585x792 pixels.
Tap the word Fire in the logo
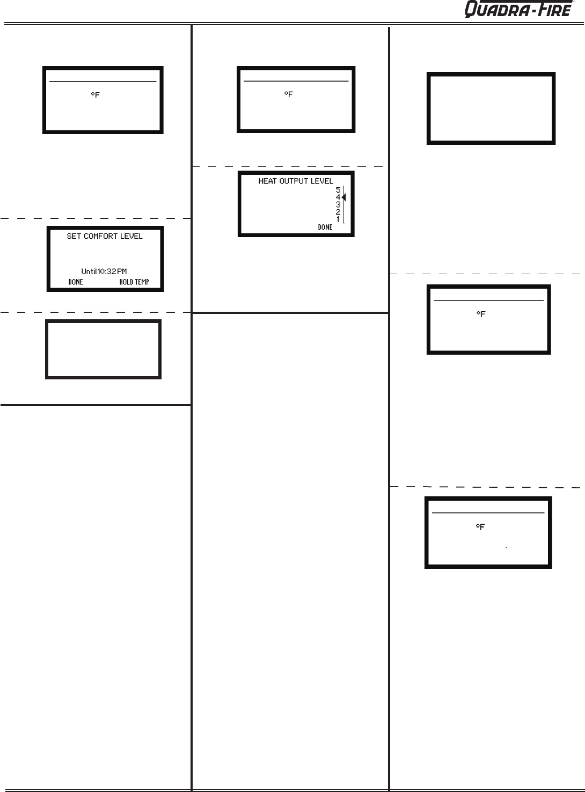(x=553, y=10)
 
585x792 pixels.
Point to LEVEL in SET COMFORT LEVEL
(x=131, y=236)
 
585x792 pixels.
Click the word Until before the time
(x=89, y=272)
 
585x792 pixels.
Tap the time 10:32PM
(x=112, y=272)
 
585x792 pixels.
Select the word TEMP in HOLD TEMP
(x=142, y=282)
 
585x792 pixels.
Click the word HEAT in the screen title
(x=268, y=181)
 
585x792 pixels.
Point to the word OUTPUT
(x=296, y=181)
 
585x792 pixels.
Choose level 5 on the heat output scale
(x=338, y=189)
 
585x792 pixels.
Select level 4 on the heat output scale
(x=338, y=197)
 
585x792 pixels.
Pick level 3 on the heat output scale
(x=338, y=204)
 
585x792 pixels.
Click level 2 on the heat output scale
(x=338, y=212)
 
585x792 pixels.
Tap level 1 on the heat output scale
(x=338, y=219)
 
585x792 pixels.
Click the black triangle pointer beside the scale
(x=344, y=197)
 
